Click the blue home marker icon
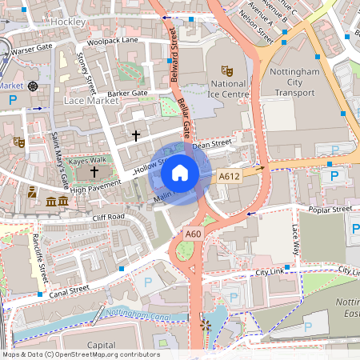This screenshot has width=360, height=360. pyautogui.click(x=180, y=173)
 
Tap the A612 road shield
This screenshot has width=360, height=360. pyautogui.click(x=230, y=176)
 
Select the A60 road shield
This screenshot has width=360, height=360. pyautogui.click(x=194, y=234)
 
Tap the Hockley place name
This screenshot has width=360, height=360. pyautogui.click(x=67, y=22)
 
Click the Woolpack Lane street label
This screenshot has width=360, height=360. pyautogui.click(x=113, y=40)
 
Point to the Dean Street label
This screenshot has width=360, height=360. pyautogui.click(x=211, y=144)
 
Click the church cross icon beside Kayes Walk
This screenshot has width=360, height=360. pyautogui.click(x=94, y=172)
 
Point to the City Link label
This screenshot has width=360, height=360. pyautogui.click(x=270, y=273)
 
